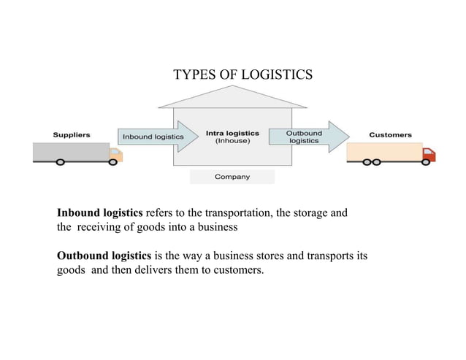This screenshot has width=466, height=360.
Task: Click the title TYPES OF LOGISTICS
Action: click(242, 74)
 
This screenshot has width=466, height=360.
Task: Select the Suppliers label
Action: click(71, 135)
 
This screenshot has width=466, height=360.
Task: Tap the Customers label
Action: click(390, 135)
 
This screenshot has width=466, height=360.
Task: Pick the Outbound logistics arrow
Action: click(307, 137)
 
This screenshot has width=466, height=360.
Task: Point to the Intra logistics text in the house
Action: click(232, 133)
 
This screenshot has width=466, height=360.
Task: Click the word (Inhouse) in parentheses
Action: click(232, 141)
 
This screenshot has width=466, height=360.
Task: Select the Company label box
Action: click(232, 177)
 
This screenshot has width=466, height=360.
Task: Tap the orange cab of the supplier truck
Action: click(115, 155)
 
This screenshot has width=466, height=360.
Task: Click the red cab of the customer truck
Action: click(429, 154)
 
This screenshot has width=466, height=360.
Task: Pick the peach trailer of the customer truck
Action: click(383, 152)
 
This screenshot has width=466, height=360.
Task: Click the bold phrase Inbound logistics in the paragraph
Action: click(100, 213)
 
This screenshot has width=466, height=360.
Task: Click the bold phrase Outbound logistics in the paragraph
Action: click(104, 256)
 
